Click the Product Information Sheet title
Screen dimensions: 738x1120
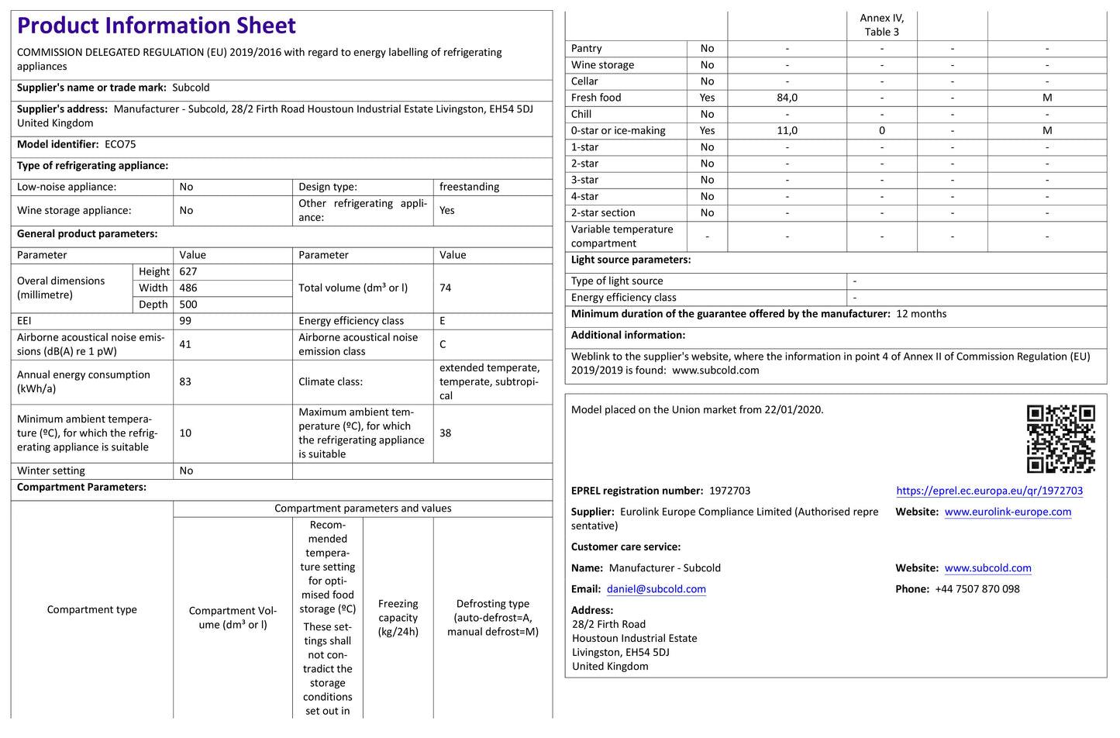tap(156, 26)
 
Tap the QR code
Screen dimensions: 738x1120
tap(1060, 439)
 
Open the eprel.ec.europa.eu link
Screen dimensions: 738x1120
tap(989, 491)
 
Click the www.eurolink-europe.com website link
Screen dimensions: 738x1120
tap(1008, 512)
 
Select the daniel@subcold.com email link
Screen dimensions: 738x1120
tap(656, 589)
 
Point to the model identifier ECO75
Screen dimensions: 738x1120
tap(120, 144)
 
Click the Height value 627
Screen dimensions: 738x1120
tap(188, 271)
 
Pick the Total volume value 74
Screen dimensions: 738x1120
tap(445, 288)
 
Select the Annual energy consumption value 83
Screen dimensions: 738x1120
tap(185, 381)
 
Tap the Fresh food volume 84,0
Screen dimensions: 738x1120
tap(787, 98)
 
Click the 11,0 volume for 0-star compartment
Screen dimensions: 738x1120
tap(787, 131)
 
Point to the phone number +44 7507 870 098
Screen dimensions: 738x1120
tap(977, 589)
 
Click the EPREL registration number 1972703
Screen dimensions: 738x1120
tap(729, 491)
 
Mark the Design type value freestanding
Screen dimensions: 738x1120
tap(469, 187)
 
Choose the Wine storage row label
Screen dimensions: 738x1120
tap(602, 65)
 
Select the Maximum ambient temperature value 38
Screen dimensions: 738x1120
tap(445, 433)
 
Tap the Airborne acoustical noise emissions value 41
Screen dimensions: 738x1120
tap(185, 344)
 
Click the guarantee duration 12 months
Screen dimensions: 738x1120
tap(921, 314)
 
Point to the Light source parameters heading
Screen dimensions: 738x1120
tap(630, 260)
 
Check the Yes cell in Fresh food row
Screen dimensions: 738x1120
tap(707, 98)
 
